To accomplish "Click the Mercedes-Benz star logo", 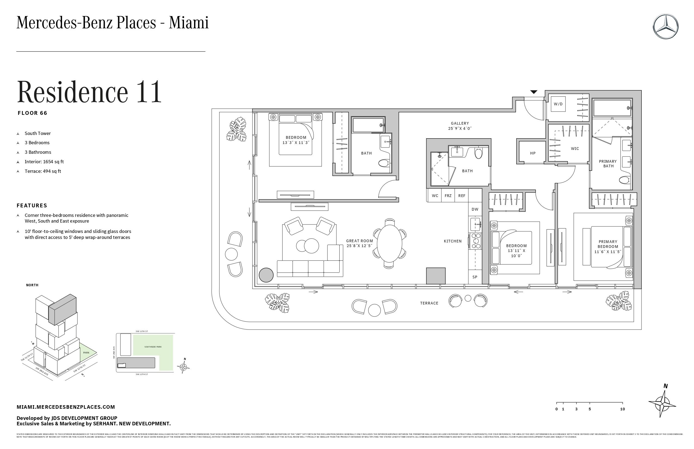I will (x=665, y=26).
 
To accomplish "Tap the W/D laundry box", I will (x=558, y=104).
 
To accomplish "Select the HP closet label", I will (x=533, y=153).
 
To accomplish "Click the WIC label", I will (x=575, y=149).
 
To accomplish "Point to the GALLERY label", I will (x=460, y=123).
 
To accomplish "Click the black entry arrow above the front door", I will (x=534, y=92).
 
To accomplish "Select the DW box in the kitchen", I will (x=475, y=209).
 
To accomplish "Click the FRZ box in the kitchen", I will (x=448, y=196).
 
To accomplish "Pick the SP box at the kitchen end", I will (x=475, y=277).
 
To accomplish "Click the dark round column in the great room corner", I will (x=266, y=275).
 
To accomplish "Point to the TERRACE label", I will (x=429, y=303).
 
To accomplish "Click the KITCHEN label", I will (x=453, y=241).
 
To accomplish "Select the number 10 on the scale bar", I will (x=622, y=409).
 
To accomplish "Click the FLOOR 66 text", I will (x=32, y=113).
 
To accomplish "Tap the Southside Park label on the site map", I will (x=153, y=347).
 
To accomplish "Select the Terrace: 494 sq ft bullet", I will (x=42, y=171).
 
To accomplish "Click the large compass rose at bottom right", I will (x=662, y=404).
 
